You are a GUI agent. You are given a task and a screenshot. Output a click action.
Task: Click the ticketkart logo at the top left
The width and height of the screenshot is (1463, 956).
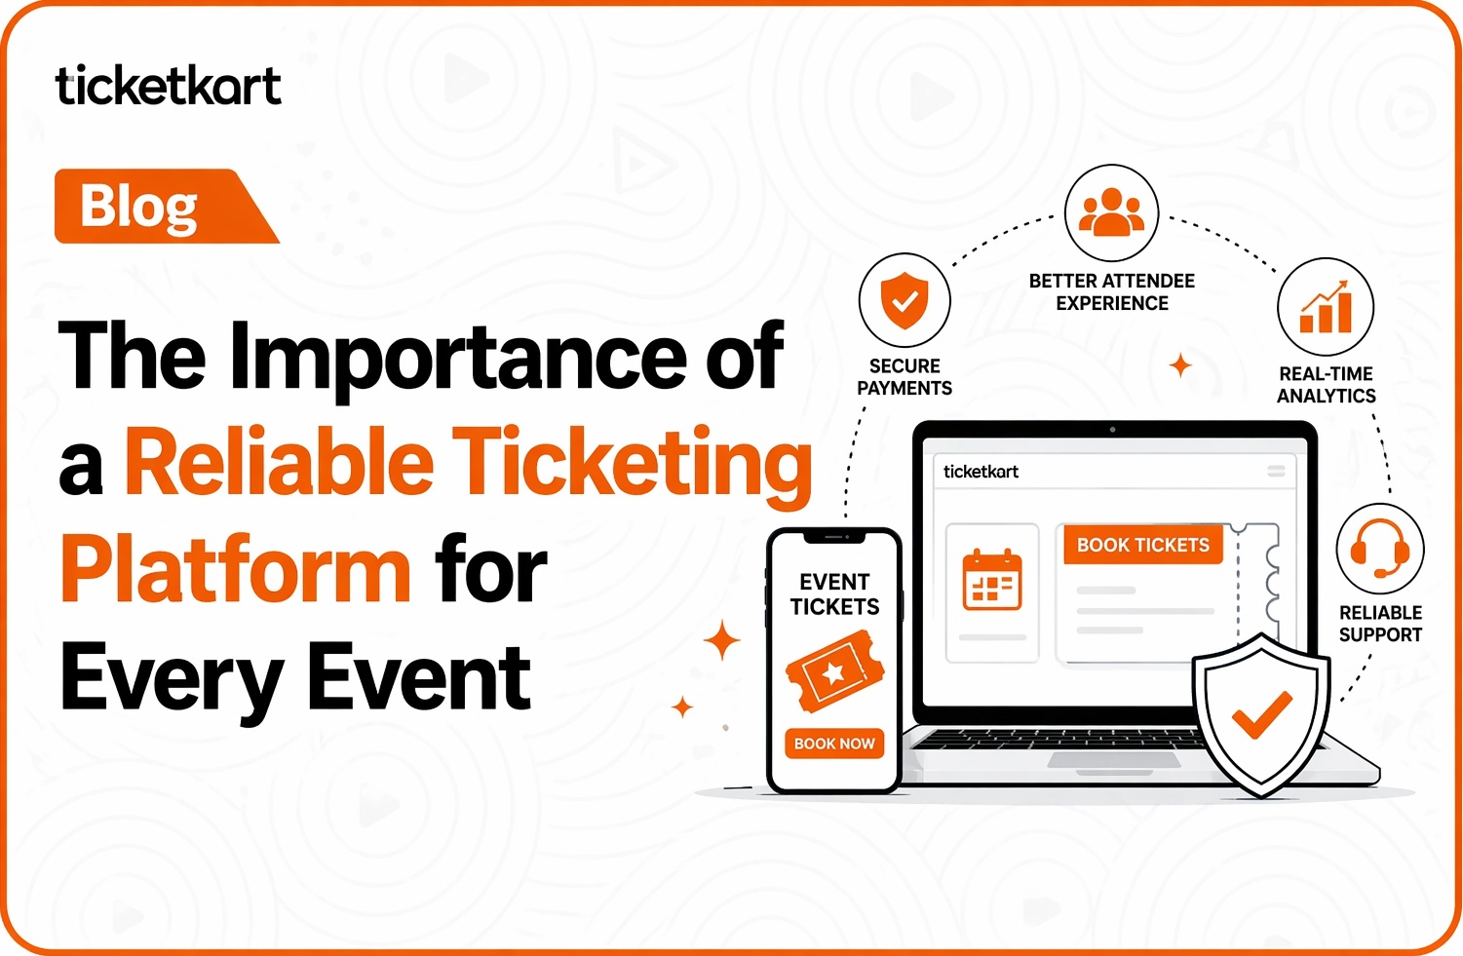click(169, 85)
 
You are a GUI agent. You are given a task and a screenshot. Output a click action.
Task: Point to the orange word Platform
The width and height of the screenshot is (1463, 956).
click(235, 569)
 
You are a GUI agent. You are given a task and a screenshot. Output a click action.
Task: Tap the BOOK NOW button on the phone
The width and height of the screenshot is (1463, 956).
click(834, 744)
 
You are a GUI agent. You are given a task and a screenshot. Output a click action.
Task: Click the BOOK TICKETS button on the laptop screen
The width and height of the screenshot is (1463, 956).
click(1143, 545)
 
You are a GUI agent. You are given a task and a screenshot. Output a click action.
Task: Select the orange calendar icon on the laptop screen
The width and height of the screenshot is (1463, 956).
click(992, 580)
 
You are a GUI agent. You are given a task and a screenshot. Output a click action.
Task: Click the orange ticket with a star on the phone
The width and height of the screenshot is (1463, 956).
click(834, 670)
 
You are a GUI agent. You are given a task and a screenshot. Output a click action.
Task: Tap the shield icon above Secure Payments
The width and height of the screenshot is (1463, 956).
click(905, 300)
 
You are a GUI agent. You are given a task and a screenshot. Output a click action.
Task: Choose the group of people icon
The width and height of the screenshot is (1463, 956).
click(1111, 211)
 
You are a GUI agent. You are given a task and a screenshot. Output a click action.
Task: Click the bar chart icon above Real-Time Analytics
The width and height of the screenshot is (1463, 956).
click(1326, 307)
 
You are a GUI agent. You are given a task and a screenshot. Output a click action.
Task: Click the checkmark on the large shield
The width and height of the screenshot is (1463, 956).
click(1262, 714)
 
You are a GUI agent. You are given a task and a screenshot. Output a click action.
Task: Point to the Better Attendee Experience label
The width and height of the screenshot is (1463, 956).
click(1111, 292)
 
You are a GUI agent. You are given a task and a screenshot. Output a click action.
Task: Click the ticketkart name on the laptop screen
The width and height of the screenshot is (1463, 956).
click(981, 471)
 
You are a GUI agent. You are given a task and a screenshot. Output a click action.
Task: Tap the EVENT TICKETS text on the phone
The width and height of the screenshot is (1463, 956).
click(834, 594)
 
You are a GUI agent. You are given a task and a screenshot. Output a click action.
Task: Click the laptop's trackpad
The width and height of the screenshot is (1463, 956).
click(1114, 759)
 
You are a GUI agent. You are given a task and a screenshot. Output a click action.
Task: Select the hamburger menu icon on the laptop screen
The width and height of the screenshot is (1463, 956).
click(1276, 471)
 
